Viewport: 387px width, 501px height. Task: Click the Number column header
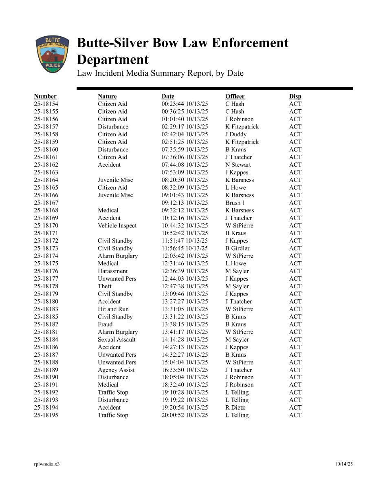[x=45, y=97]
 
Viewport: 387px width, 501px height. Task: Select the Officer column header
[x=235, y=97]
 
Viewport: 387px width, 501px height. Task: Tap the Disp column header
[x=295, y=97]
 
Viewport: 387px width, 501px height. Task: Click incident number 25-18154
[x=46, y=104]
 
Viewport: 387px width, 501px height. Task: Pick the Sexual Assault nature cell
[x=117, y=340]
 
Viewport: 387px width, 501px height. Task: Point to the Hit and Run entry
[x=113, y=309]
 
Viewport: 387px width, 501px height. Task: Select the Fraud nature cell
[x=105, y=324]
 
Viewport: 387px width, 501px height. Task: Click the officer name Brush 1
[x=235, y=203]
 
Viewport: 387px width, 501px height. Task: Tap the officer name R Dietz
[x=236, y=408]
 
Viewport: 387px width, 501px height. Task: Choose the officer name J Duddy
[x=236, y=135]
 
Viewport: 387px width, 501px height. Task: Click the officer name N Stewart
[x=238, y=165]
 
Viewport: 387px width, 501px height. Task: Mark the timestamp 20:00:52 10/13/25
[x=185, y=415]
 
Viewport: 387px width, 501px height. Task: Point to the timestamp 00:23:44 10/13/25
[x=185, y=104]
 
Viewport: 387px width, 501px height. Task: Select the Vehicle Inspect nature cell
[x=117, y=225]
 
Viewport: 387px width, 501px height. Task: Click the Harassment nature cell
[x=112, y=271]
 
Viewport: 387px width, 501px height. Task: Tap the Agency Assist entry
[x=116, y=370]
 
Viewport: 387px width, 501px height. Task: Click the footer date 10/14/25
[x=344, y=464]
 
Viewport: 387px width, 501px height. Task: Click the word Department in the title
[x=113, y=60]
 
